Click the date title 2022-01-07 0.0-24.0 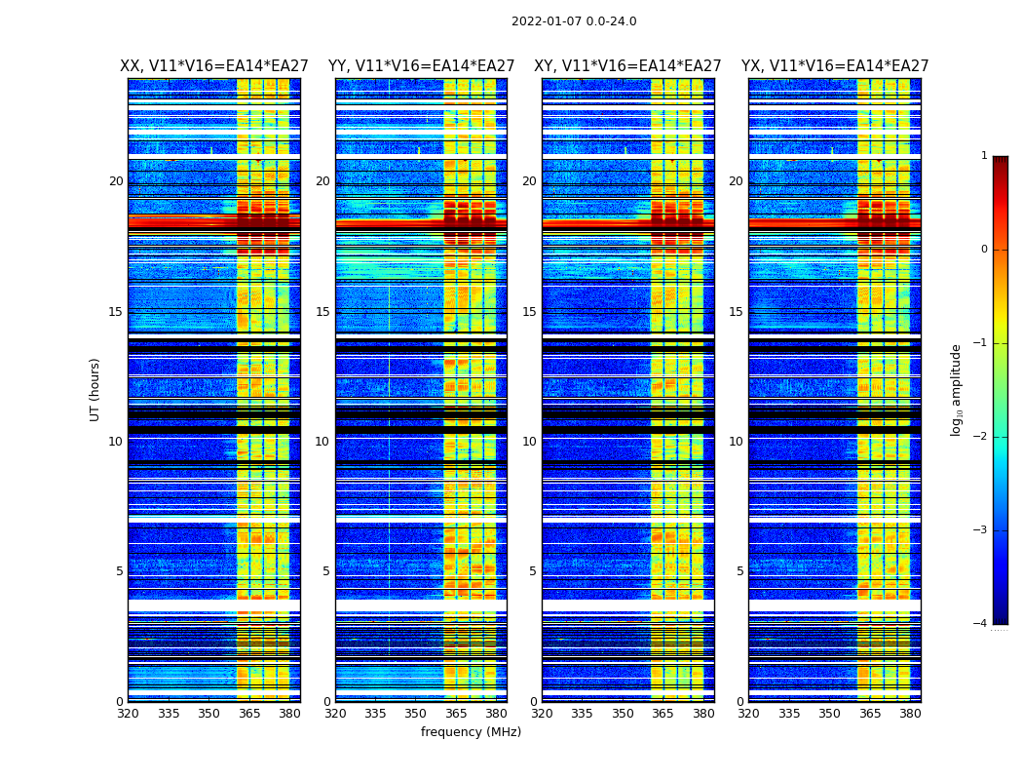[574, 21]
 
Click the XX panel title [214, 66]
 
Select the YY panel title [421, 66]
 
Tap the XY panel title [627, 66]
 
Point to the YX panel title [835, 66]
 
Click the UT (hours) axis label [95, 389]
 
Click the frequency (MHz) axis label [471, 732]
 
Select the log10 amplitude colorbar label [957, 389]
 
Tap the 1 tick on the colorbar [984, 156]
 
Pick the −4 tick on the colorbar [981, 624]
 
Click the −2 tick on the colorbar [981, 437]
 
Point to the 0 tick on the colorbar [984, 250]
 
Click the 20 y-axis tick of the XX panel [116, 181]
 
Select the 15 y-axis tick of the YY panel [322, 312]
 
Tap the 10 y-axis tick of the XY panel [529, 442]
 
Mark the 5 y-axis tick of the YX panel [739, 571]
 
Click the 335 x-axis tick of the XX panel [169, 714]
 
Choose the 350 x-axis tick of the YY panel [416, 714]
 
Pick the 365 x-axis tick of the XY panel [663, 714]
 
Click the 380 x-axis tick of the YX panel [910, 714]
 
